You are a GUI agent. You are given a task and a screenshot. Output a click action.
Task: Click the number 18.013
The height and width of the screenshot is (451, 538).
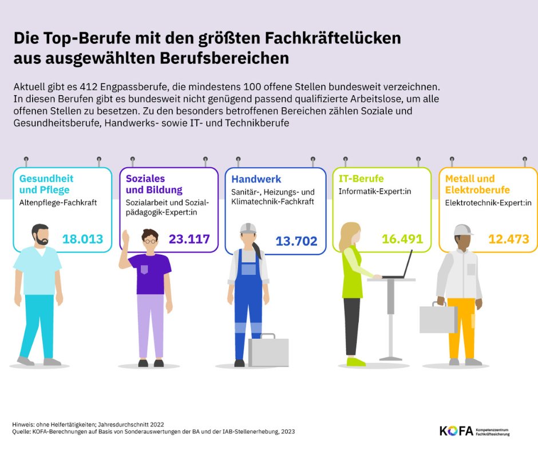pos(82,239)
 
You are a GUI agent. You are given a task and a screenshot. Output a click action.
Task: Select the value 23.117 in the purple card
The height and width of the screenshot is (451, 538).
pos(189,239)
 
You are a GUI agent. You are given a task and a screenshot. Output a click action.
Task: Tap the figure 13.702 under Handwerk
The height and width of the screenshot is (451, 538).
pos(296,242)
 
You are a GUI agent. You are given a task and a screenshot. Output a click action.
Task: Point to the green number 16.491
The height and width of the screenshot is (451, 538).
pos(402,239)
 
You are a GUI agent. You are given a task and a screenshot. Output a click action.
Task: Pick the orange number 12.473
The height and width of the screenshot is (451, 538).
pos(509,239)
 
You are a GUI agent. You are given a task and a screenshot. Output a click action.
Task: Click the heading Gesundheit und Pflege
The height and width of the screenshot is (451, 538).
pos(46,184)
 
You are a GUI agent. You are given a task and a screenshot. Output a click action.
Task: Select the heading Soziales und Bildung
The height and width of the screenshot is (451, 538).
pos(154,184)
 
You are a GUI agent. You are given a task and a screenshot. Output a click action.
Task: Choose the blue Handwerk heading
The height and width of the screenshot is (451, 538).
pos(256,179)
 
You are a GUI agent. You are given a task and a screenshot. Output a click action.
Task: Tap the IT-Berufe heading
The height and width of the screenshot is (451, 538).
pos(361,179)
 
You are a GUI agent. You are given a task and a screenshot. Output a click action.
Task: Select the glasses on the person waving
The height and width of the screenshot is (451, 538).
pos(150,242)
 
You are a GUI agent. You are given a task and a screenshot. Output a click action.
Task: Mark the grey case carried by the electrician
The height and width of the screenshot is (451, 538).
pos(437,318)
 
